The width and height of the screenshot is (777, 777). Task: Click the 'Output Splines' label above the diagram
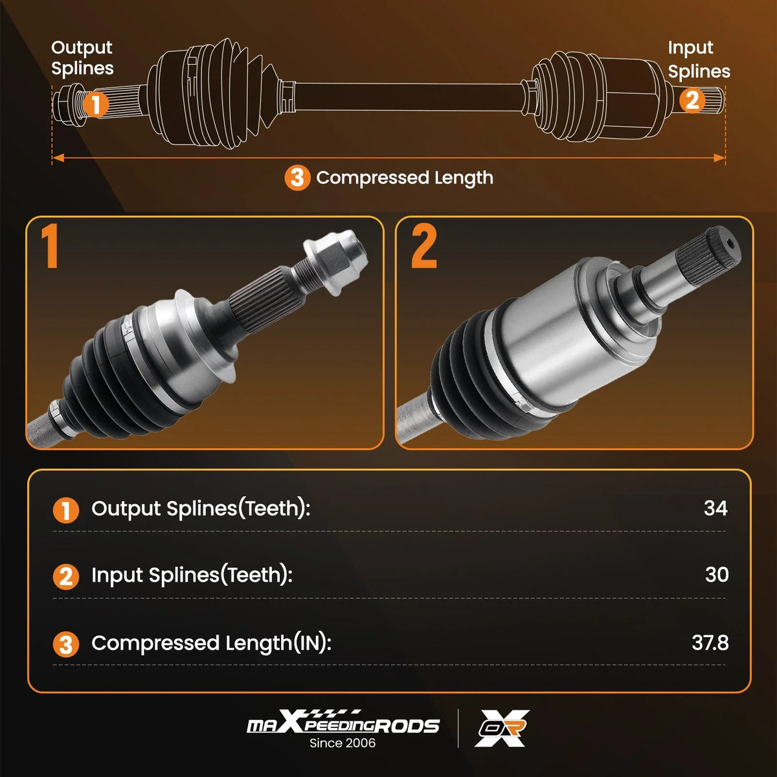(82, 58)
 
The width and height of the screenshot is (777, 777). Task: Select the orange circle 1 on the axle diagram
(96, 104)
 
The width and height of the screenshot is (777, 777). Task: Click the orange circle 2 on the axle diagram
(692, 100)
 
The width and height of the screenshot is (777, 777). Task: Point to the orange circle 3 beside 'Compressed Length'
(297, 178)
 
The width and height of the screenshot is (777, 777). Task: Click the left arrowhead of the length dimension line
(58, 157)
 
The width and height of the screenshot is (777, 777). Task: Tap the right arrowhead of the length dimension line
(719, 157)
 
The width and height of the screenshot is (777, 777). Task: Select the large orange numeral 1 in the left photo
(50, 246)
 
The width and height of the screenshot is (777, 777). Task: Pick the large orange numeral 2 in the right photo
(423, 246)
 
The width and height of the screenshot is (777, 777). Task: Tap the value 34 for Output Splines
(715, 508)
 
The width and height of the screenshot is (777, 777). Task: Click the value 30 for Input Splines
(717, 574)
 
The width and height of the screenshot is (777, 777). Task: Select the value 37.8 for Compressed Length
(710, 643)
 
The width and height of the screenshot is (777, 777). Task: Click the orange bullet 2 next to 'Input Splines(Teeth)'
(66, 577)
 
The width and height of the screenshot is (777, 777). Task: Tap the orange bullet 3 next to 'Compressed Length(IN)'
(66, 644)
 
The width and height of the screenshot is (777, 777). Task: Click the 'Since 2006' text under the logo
(343, 743)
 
